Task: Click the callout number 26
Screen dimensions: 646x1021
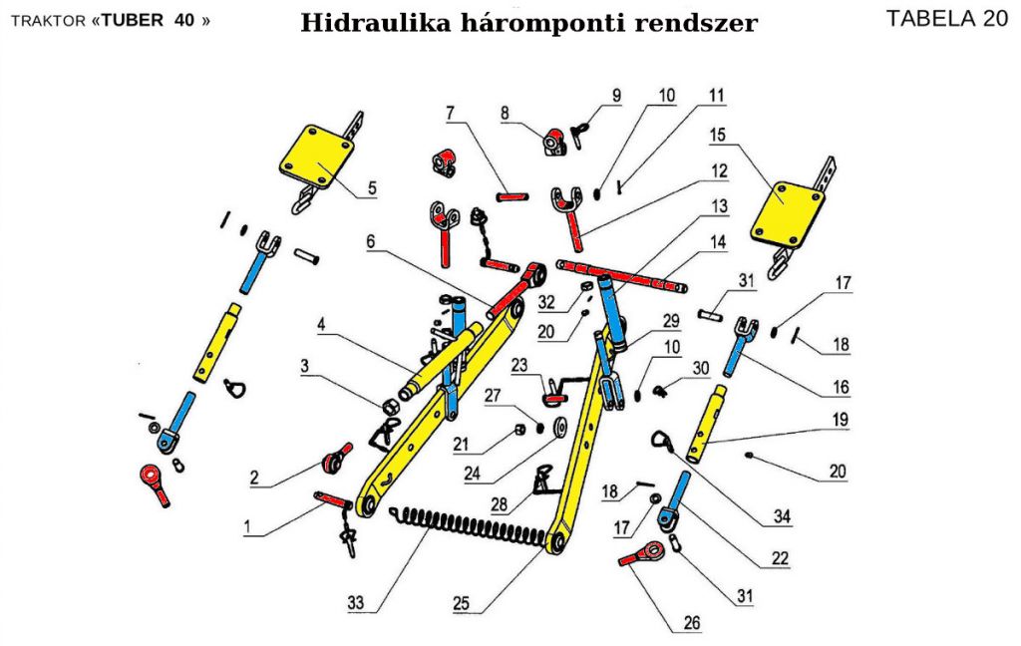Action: tap(692, 624)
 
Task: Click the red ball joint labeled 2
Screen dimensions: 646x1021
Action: tap(333, 460)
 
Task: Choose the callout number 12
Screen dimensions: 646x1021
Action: tap(717, 172)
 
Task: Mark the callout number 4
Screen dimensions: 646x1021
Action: tap(323, 325)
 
